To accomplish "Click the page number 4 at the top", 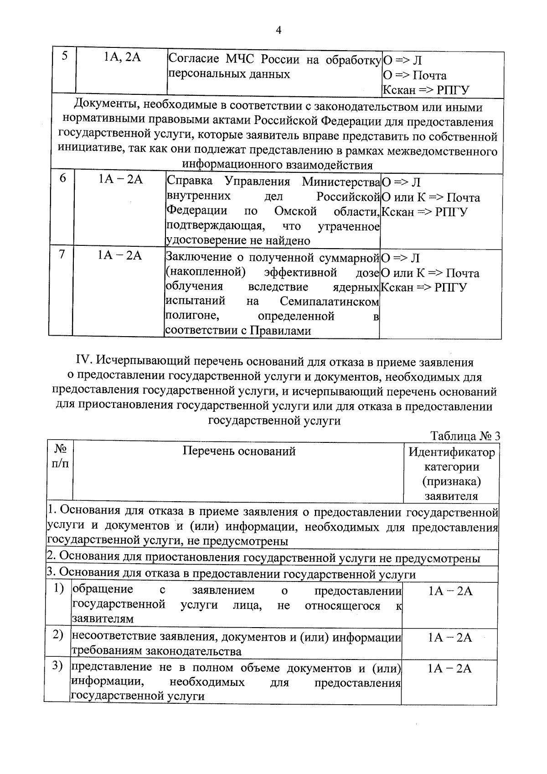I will point(279,30).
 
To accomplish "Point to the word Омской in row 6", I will point(295,211).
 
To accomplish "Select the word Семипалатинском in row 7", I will point(329,301).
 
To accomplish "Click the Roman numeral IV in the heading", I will point(84,362).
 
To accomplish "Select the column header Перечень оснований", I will point(239,451).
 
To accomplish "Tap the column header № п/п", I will point(60,456).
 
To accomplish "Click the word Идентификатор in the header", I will point(451,452).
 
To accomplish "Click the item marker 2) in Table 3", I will point(57,635).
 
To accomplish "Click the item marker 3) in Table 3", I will point(57,666).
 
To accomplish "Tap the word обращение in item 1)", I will point(103,589).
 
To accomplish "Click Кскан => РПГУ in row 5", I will point(426,90).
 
